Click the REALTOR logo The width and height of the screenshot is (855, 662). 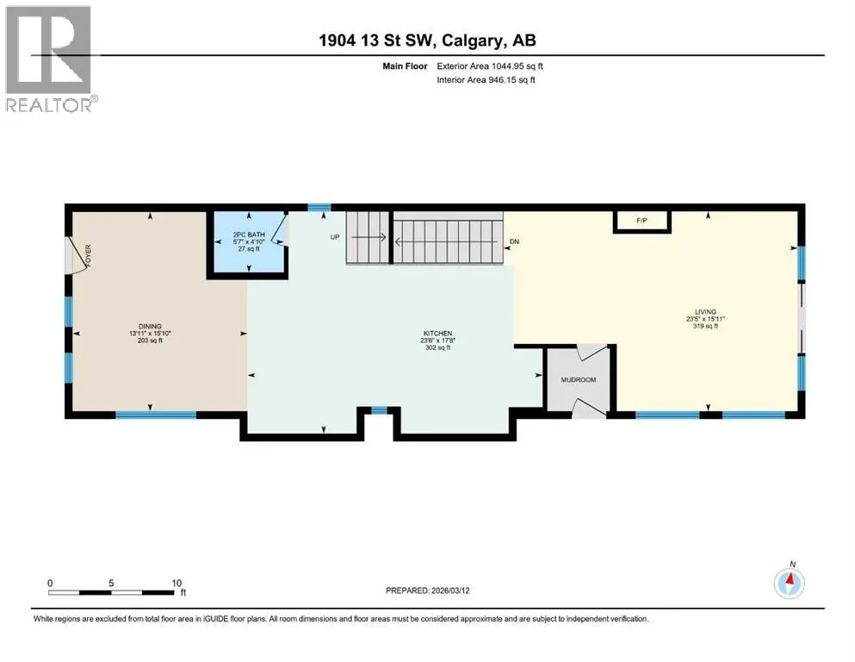(48, 59)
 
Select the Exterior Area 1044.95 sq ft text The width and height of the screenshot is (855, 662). (490, 66)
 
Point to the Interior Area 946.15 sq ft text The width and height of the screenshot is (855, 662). (486, 79)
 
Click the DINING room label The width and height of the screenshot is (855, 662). (150, 327)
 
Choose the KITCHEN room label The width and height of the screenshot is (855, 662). (438, 334)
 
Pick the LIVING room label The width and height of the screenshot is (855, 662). (705, 312)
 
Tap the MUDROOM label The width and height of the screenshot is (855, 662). (579, 380)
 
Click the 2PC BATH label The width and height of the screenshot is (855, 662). (249, 234)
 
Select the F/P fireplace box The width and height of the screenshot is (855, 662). (641, 221)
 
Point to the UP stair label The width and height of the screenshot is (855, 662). (335, 237)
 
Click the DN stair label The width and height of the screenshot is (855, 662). (514, 241)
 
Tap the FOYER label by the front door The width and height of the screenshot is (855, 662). (89, 255)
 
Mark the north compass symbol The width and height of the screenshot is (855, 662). (789, 583)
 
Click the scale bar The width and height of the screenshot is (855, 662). (111, 593)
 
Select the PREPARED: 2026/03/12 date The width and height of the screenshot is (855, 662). (427, 590)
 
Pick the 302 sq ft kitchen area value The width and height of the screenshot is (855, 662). (438, 347)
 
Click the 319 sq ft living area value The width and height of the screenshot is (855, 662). (705, 327)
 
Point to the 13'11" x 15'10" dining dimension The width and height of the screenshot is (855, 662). (150, 334)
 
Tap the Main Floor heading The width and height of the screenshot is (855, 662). (405, 66)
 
